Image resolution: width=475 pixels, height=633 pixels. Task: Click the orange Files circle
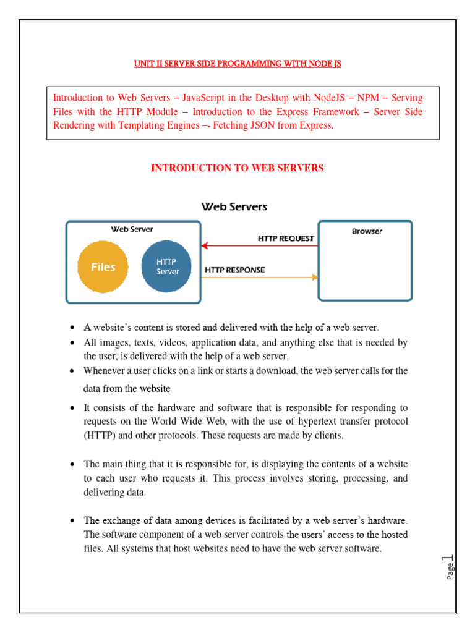click(103, 267)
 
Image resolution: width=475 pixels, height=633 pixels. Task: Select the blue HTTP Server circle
click(168, 267)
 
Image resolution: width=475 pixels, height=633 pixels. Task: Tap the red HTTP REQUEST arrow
click(260, 245)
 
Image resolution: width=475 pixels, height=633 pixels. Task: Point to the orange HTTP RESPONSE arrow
click(260, 278)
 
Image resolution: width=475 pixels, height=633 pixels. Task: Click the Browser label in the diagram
click(367, 231)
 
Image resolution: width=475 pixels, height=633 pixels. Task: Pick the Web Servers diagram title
click(234, 206)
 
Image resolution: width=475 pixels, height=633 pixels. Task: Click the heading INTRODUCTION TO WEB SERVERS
click(237, 168)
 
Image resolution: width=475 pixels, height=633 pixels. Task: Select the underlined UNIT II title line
click(237, 64)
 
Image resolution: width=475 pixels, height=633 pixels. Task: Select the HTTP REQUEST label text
click(286, 238)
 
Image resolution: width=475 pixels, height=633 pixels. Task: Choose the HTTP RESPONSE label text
click(235, 270)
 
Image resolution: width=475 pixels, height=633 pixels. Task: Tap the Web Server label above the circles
click(132, 229)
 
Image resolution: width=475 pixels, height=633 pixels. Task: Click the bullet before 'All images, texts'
click(73, 342)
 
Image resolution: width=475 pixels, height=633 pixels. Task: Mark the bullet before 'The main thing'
click(73, 464)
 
